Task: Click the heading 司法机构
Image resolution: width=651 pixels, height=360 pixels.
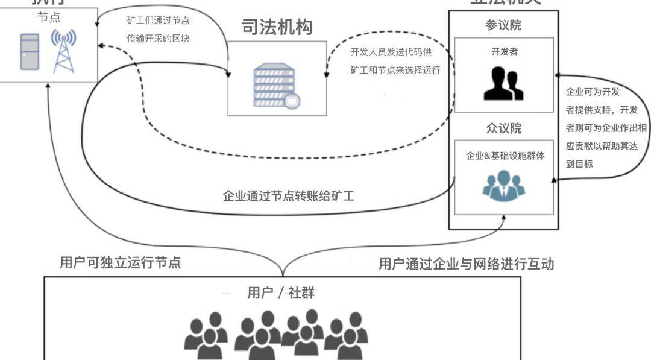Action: click(x=277, y=27)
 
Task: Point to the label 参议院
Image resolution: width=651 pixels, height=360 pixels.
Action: click(x=503, y=25)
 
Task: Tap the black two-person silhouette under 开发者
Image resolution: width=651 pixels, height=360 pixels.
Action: click(x=503, y=83)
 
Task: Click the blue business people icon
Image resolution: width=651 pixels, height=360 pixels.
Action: click(x=504, y=186)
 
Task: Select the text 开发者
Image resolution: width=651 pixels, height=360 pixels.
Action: click(x=504, y=52)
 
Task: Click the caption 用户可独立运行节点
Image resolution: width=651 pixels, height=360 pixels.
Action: click(x=120, y=263)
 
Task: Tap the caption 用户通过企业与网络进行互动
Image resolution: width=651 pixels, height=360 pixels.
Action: click(x=466, y=264)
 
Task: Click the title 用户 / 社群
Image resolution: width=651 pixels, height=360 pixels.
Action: click(x=281, y=294)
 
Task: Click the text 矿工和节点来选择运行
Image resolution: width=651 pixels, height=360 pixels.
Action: click(x=395, y=70)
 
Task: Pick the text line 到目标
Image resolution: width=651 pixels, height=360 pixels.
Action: click(x=579, y=163)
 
